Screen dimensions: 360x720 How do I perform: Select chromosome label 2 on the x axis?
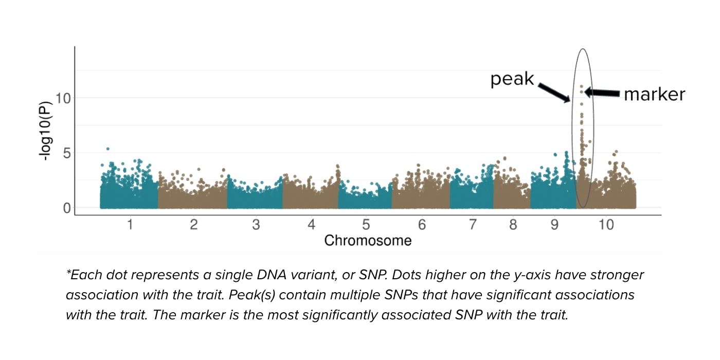pos(193,225)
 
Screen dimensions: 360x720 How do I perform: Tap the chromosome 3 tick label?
pos(256,225)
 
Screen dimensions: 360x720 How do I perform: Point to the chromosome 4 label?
pos(311,225)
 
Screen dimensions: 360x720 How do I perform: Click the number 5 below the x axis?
pos(366,225)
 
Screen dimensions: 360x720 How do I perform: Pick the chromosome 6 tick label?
pos(422,225)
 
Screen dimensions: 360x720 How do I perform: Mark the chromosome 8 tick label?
pos(512,225)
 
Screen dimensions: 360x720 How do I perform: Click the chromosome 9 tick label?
pos(554,225)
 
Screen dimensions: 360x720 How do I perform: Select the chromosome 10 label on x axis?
pos(606,225)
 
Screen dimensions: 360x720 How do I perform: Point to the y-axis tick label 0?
pos(66,208)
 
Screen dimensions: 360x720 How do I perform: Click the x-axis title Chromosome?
pos(368,240)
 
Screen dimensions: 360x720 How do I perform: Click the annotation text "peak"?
pos(512,79)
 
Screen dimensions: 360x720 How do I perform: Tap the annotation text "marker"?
pos(654,94)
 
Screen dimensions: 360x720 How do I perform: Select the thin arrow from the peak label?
pos(554,93)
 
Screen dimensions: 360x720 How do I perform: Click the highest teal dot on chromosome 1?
pos(107,149)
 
